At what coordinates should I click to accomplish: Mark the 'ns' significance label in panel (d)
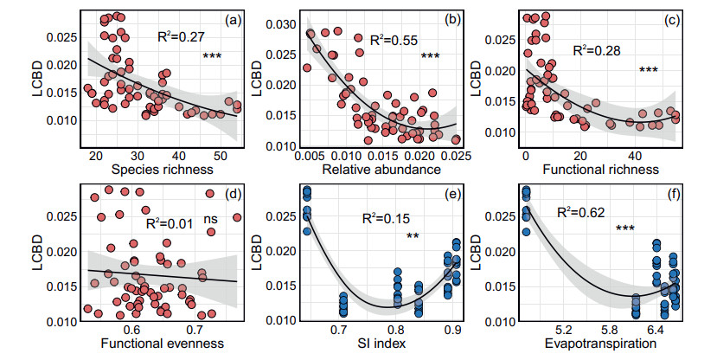pyautogui.click(x=211, y=221)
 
